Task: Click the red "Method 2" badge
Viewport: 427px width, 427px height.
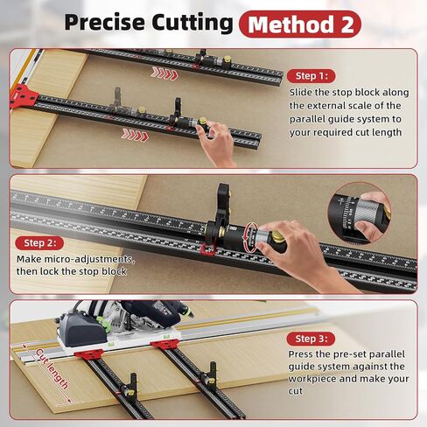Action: click(300, 24)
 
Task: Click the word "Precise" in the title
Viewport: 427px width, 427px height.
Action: click(105, 23)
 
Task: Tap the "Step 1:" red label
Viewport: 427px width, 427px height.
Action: click(311, 76)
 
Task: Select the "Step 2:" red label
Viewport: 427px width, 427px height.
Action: click(39, 243)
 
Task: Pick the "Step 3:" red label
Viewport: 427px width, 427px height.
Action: click(311, 339)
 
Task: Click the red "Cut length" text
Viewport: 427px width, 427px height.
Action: click(52, 369)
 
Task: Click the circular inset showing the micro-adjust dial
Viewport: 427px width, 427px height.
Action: click(359, 213)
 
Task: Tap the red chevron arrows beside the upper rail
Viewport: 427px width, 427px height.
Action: click(164, 73)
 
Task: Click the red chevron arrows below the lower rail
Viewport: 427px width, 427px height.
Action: click(135, 135)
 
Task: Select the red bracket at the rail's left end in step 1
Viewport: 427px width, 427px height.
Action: click(24, 95)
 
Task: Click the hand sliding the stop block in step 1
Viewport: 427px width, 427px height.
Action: click(217, 143)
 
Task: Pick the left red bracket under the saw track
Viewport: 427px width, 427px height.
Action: click(88, 353)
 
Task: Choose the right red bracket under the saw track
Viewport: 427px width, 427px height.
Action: click(164, 343)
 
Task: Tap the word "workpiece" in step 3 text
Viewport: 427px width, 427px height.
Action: click(312, 379)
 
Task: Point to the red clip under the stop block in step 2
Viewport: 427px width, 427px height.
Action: click(207, 249)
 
